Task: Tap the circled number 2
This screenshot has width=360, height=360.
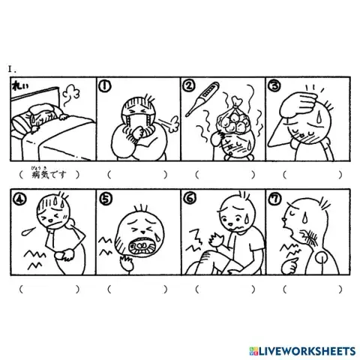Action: [x=190, y=88]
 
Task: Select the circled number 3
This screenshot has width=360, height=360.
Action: [x=275, y=88]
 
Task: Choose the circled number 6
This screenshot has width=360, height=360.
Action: [x=190, y=199]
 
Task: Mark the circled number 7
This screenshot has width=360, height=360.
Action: [x=275, y=199]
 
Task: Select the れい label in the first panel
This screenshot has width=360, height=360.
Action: [x=18, y=87]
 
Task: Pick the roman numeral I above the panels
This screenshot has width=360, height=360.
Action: [x=10, y=69]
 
